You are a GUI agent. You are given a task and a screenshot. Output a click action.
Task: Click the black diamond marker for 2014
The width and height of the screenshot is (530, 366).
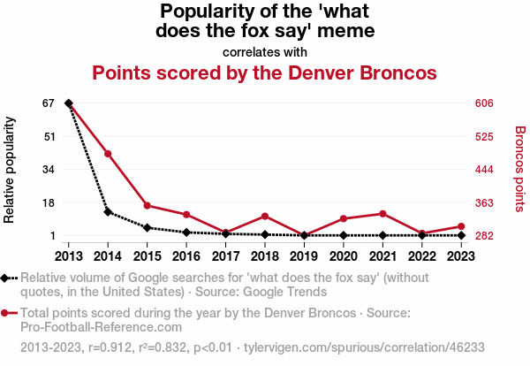point(108,212)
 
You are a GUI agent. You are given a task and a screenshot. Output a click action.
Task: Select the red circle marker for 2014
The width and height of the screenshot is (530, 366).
point(108,154)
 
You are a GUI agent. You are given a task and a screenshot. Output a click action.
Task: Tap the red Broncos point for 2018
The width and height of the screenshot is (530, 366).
point(264,216)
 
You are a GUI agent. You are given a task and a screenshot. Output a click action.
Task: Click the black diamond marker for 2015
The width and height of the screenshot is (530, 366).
point(148,227)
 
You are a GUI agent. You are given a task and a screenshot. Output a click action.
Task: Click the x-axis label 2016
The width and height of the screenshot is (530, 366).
point(186,255)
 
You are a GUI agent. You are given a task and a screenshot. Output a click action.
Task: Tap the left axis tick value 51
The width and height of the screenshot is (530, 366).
point(48,136)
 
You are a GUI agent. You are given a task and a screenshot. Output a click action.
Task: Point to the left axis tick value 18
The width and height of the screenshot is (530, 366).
point(48,202)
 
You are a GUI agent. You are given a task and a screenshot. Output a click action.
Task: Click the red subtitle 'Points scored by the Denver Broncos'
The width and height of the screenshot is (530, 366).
point(265,72)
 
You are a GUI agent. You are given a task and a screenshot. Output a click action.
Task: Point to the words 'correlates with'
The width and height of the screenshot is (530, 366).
point(265,51)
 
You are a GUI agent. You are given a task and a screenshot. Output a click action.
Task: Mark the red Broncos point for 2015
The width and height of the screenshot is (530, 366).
point(148,206)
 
